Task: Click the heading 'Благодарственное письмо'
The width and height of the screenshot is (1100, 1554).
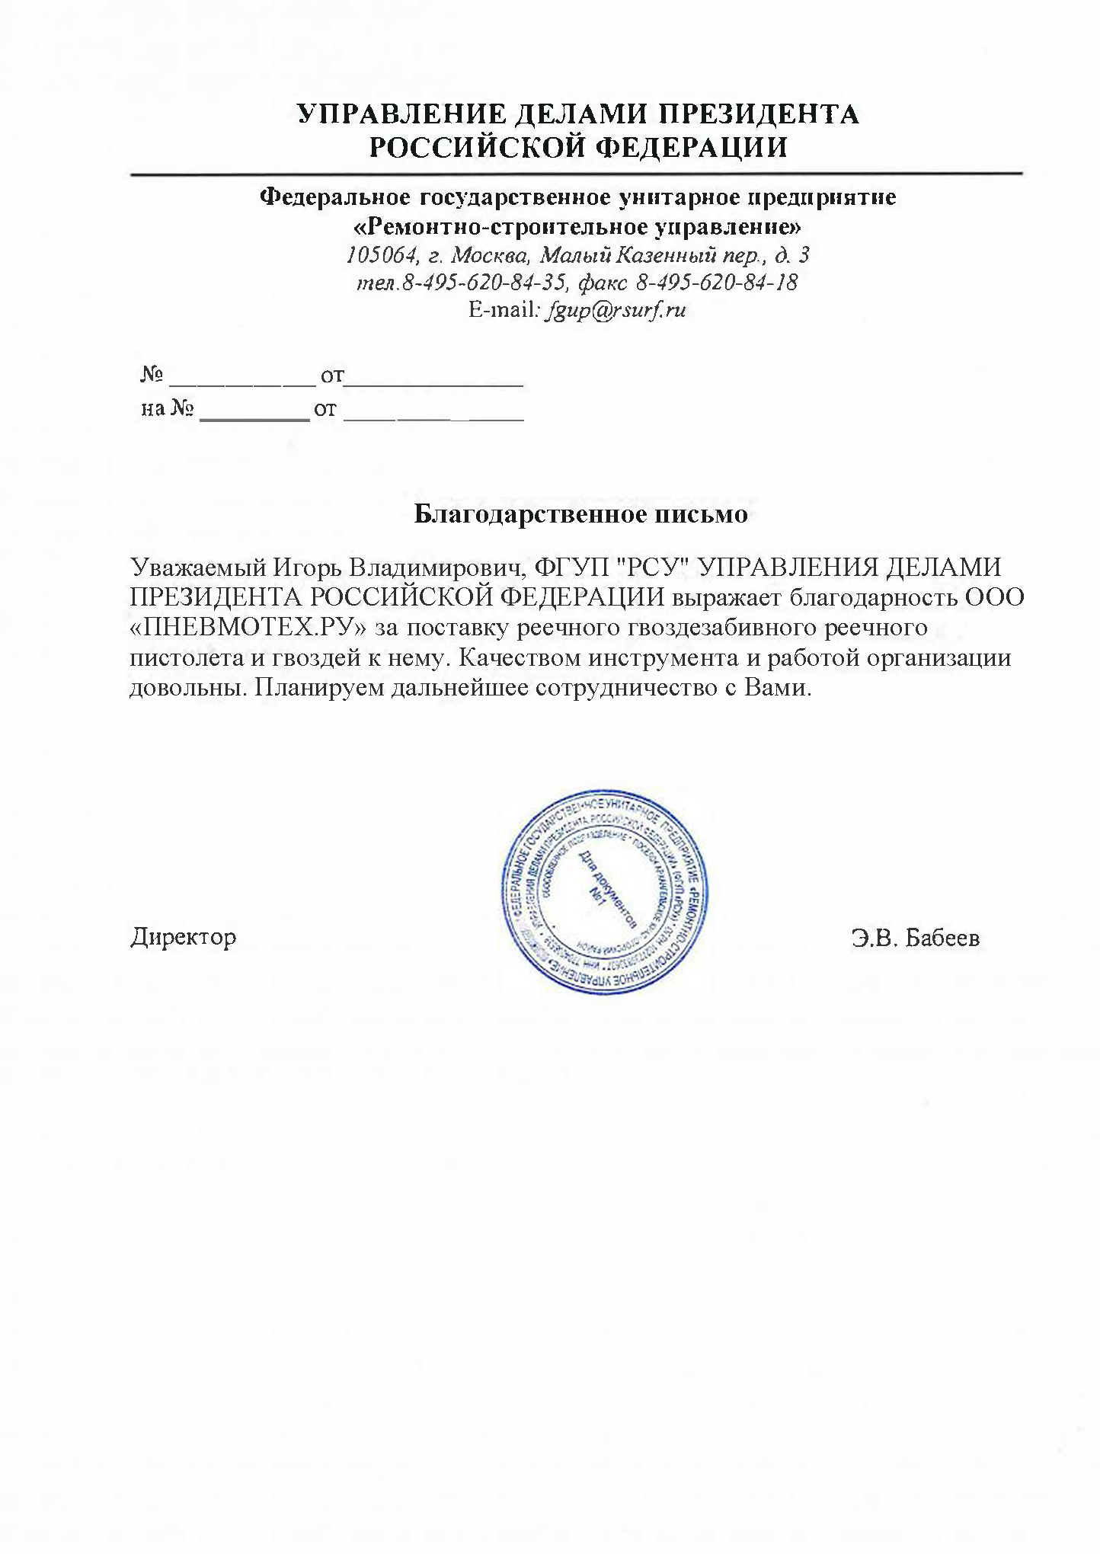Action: [580, 515]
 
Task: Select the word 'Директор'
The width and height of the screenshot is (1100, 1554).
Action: [184, 936]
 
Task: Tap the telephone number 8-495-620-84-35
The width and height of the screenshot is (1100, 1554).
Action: [482, 283]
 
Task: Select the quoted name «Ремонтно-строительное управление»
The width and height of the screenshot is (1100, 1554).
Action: [579, 227]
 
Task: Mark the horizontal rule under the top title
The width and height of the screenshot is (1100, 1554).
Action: [577, 174]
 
